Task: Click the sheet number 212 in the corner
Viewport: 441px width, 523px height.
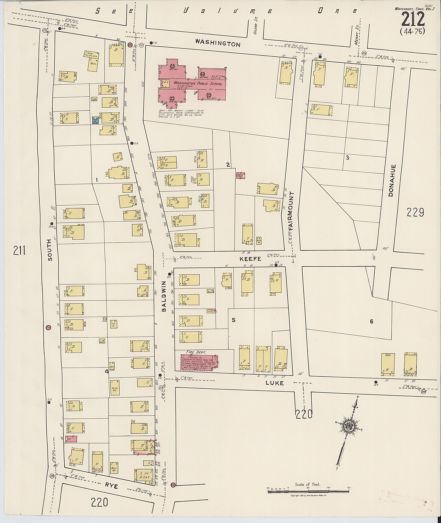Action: pos(413,20)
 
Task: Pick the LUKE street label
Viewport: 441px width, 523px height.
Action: pos(275,383)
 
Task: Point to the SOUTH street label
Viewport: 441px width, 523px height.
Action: pos(50,250)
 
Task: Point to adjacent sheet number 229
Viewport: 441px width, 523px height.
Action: pos(415,213)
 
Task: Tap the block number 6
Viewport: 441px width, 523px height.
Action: pos(371,321)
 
